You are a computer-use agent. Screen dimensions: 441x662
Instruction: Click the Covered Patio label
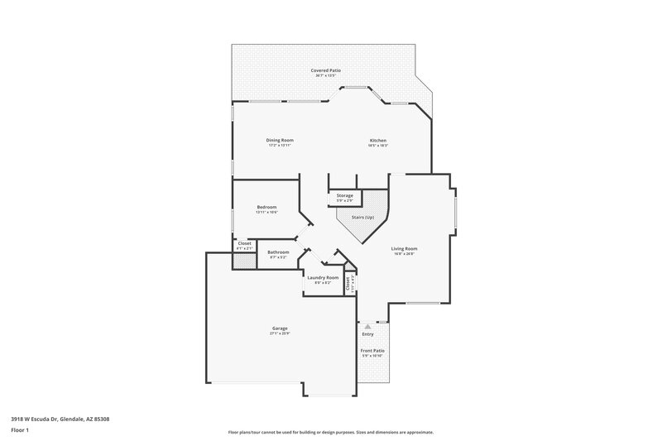(326, 71)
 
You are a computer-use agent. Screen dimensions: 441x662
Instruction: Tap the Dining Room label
(280, 140)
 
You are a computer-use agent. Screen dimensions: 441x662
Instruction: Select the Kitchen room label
(378, 140)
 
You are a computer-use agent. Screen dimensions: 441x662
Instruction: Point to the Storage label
(345, 195)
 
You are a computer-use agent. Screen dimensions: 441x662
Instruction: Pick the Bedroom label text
(266, 207)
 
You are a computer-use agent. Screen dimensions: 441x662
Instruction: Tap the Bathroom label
(278, 252)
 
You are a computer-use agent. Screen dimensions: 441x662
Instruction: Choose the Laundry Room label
(323, 277)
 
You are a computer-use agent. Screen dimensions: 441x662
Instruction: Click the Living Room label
(404, 248)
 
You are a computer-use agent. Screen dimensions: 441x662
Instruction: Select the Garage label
(280, 328)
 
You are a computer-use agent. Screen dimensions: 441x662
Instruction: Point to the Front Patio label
(372, 351)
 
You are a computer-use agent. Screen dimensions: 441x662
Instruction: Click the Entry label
(367, 334)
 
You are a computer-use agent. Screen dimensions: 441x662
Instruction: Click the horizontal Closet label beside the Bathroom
(244, 243)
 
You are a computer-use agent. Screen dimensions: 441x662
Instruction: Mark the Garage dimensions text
(280, 334)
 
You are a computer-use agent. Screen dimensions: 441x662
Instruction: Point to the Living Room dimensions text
(404, 254)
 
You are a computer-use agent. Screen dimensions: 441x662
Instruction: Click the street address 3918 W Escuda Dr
(60, 419)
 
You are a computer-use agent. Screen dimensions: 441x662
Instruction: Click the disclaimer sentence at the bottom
(330, 432)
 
